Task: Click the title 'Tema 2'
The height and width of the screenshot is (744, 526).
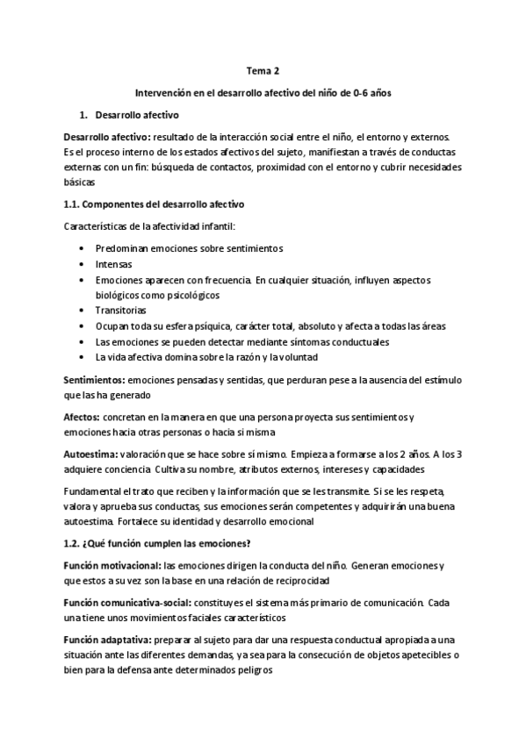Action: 263,74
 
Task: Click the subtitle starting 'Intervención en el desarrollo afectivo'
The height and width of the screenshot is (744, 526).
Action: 263,94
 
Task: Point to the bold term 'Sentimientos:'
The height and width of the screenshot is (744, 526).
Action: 94,381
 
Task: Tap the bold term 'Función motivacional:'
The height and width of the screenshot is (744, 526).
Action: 112,565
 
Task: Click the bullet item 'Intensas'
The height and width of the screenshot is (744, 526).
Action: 114,263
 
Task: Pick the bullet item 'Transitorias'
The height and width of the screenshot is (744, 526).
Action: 121,310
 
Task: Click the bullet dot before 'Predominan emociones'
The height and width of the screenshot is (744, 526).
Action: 82,248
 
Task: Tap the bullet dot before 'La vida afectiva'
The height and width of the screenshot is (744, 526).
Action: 82,356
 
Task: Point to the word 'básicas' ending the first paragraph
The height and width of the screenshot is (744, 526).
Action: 79,182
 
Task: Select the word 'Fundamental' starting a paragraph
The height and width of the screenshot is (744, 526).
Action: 94,490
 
